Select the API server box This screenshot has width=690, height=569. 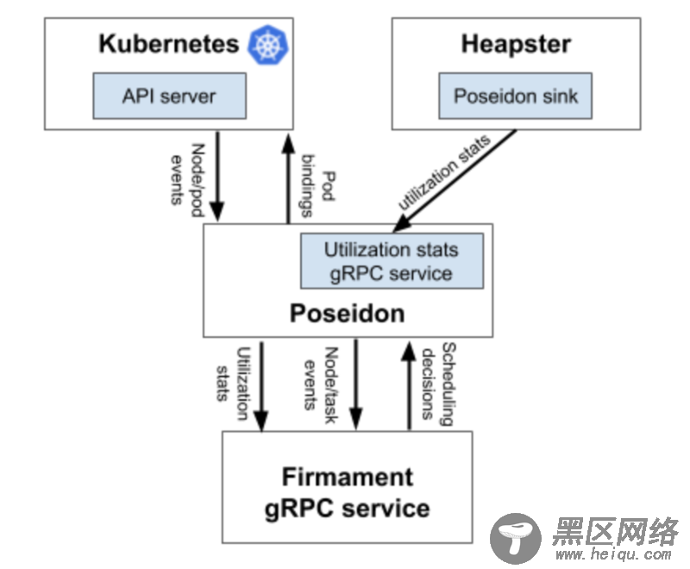(x=170, y=96)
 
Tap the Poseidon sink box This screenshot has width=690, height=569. (x=516, y=96)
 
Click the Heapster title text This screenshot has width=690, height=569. (x=516, y=44)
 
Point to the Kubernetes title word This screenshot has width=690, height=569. (x=169, y=44)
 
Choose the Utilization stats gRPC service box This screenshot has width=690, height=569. (x=391, y=261)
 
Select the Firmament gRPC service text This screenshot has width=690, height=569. (x=347, y=491)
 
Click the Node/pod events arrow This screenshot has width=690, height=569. (x=216, y=177)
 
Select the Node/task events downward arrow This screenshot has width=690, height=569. (x=355, y=384)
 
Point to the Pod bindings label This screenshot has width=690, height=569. (x=318, y=185)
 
